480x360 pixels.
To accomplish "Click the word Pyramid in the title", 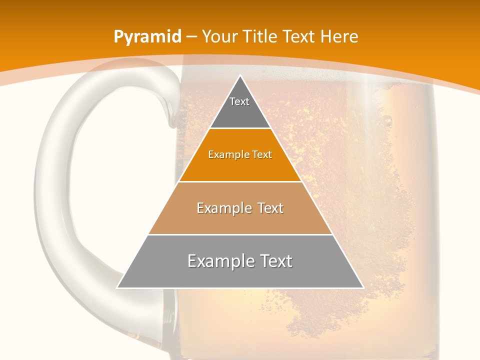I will [x=147, y=37].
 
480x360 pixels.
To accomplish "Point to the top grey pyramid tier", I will [x=240, y=112].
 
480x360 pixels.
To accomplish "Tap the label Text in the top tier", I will [x=239, y=101].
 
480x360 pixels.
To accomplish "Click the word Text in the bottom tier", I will [x=274, y=261].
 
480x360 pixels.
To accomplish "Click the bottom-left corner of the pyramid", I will [x=117, y=287].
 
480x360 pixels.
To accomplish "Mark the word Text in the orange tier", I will [x=261, y=155].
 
